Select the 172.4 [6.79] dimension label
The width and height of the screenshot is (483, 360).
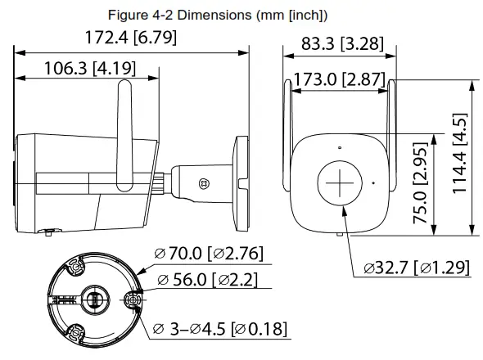click(x=131, y=38)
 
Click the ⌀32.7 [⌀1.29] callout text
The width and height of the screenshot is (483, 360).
click(x=418, y=267)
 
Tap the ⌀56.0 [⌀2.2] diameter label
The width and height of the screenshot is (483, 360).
click(x=206, y=281)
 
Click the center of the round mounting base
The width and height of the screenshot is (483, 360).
click(x=95, y=298)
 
